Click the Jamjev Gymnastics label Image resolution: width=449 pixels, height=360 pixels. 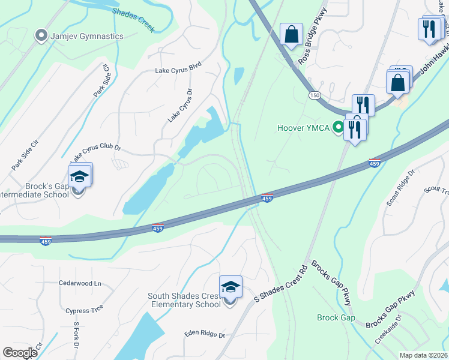(87, 36)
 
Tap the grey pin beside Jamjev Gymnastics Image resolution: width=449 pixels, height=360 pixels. (41, 36)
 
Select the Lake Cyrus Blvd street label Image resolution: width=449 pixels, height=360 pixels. (178, 70)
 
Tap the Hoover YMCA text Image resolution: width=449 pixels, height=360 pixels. (303, 127)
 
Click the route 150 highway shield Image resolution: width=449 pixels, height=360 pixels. (315, 95)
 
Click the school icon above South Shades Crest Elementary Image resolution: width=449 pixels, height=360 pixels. (230, 288)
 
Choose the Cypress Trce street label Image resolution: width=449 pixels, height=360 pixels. (85, 309)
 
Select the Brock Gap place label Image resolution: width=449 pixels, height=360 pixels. (336, 317)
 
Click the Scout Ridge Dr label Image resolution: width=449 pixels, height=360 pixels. (401, 188)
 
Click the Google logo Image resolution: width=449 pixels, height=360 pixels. (20, 352)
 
